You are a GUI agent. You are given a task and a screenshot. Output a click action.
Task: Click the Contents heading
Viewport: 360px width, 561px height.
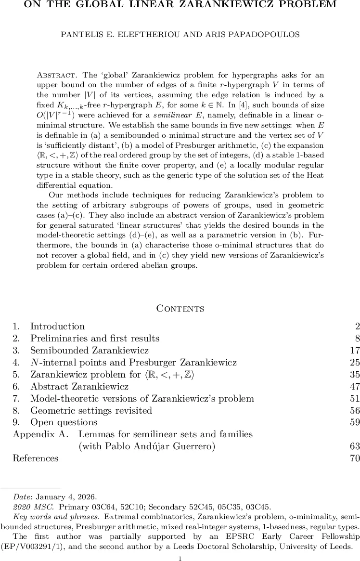pyautogui.click(x=180, y=309)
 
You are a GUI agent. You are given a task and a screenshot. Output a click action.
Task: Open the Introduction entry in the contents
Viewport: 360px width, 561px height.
pyautogui.click(x=57, y=326)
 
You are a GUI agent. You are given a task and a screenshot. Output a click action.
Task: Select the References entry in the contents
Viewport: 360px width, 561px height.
pyautogui.click(x=35, y=458)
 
